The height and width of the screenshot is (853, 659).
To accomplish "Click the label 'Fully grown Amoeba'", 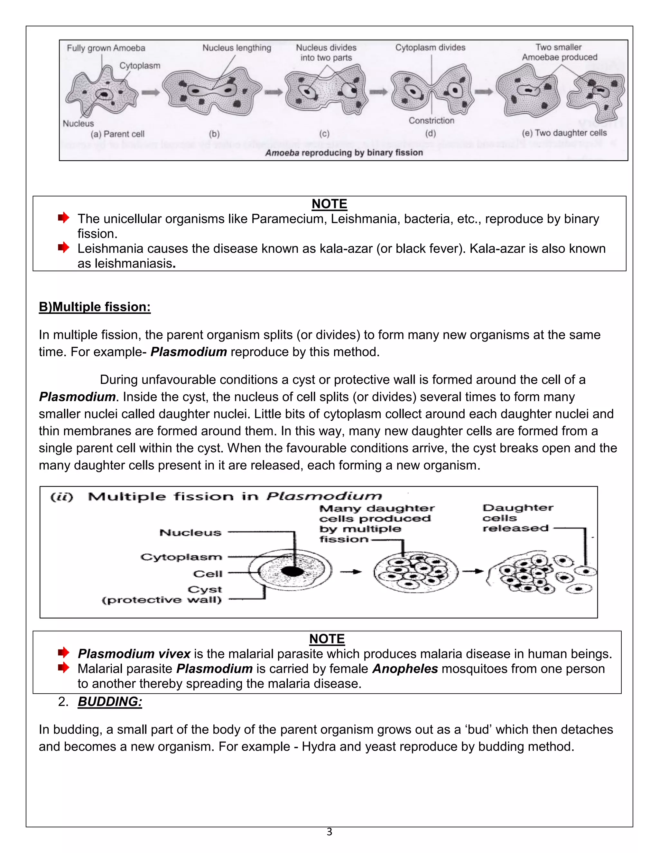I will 106,48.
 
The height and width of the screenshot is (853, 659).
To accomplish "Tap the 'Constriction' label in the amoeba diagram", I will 432,121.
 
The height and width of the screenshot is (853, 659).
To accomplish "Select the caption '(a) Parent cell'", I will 117,134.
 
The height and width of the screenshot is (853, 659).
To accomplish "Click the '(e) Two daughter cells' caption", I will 564,133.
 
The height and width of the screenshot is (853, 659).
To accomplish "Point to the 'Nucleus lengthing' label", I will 237,48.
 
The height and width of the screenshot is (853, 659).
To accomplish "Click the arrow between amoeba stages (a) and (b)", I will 150,93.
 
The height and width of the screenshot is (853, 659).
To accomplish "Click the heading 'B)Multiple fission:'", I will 95,307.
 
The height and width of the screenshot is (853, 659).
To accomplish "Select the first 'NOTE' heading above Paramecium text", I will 329,204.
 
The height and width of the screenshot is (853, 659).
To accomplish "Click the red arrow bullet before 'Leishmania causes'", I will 63,248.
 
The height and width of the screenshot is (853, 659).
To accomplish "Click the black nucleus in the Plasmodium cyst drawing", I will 292,571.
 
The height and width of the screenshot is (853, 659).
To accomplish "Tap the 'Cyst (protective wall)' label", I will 162,595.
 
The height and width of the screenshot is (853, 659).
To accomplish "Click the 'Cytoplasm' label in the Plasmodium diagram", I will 181,557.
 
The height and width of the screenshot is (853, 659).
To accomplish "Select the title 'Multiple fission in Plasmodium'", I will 234,496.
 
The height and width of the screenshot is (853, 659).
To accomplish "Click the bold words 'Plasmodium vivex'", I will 134,654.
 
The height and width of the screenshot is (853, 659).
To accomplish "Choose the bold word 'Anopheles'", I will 405,669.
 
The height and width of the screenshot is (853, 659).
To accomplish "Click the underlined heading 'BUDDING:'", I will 110,701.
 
